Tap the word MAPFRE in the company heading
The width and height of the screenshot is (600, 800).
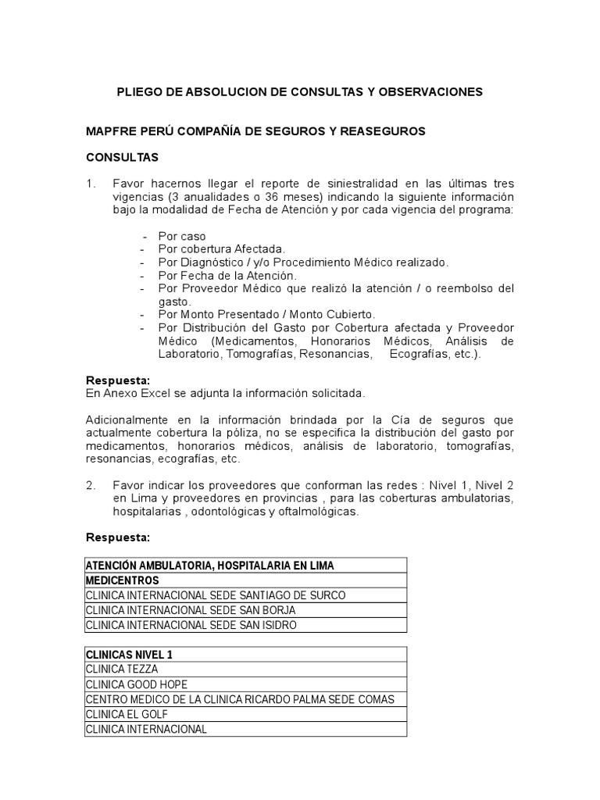pos(110,131)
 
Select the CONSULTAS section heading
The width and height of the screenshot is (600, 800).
pos(122,157)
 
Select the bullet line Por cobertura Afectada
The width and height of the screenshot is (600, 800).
pos(210,249)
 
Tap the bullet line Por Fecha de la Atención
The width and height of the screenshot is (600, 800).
pos(216,276)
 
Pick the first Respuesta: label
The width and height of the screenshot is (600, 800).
pos(117,380)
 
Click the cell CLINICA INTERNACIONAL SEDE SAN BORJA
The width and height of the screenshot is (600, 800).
pos(191,609)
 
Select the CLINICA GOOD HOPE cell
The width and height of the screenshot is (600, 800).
pos(137,684)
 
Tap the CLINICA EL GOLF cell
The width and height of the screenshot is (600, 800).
pos(127,714)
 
